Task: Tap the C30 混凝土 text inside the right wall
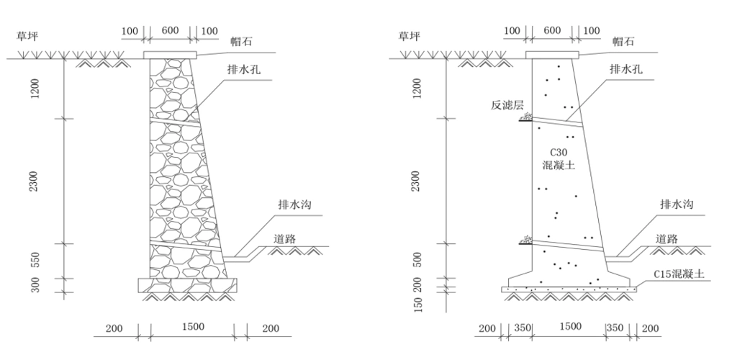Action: tap(559, 158)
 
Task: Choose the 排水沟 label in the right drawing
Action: tap(677, 205)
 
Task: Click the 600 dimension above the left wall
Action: tap(170, 30)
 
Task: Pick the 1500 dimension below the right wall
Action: tap(569, 327)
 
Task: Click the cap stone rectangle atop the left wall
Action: tap(170, 55)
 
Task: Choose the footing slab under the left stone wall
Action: tap(188, 285)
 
